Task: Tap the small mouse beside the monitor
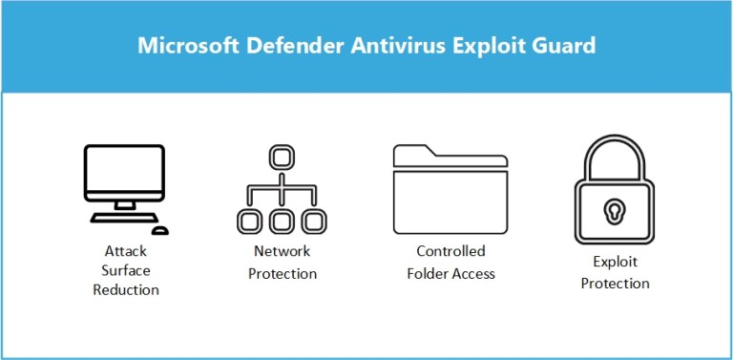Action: tap(160, 230)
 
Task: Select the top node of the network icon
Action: tap(281, 156)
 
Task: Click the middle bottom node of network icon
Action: tap(281, 221)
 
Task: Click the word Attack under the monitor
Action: tap(125, 252)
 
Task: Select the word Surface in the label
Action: tap(125, 271)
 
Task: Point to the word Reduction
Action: tap(125, 290)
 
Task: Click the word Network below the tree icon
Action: tap(282, 252)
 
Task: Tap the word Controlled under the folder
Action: tap(450, 252)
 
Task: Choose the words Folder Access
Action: tap(450, 274)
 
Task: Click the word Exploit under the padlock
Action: tap(615, 261)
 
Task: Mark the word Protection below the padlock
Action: tap(615, 283)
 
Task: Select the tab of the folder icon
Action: tap(413, 152)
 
